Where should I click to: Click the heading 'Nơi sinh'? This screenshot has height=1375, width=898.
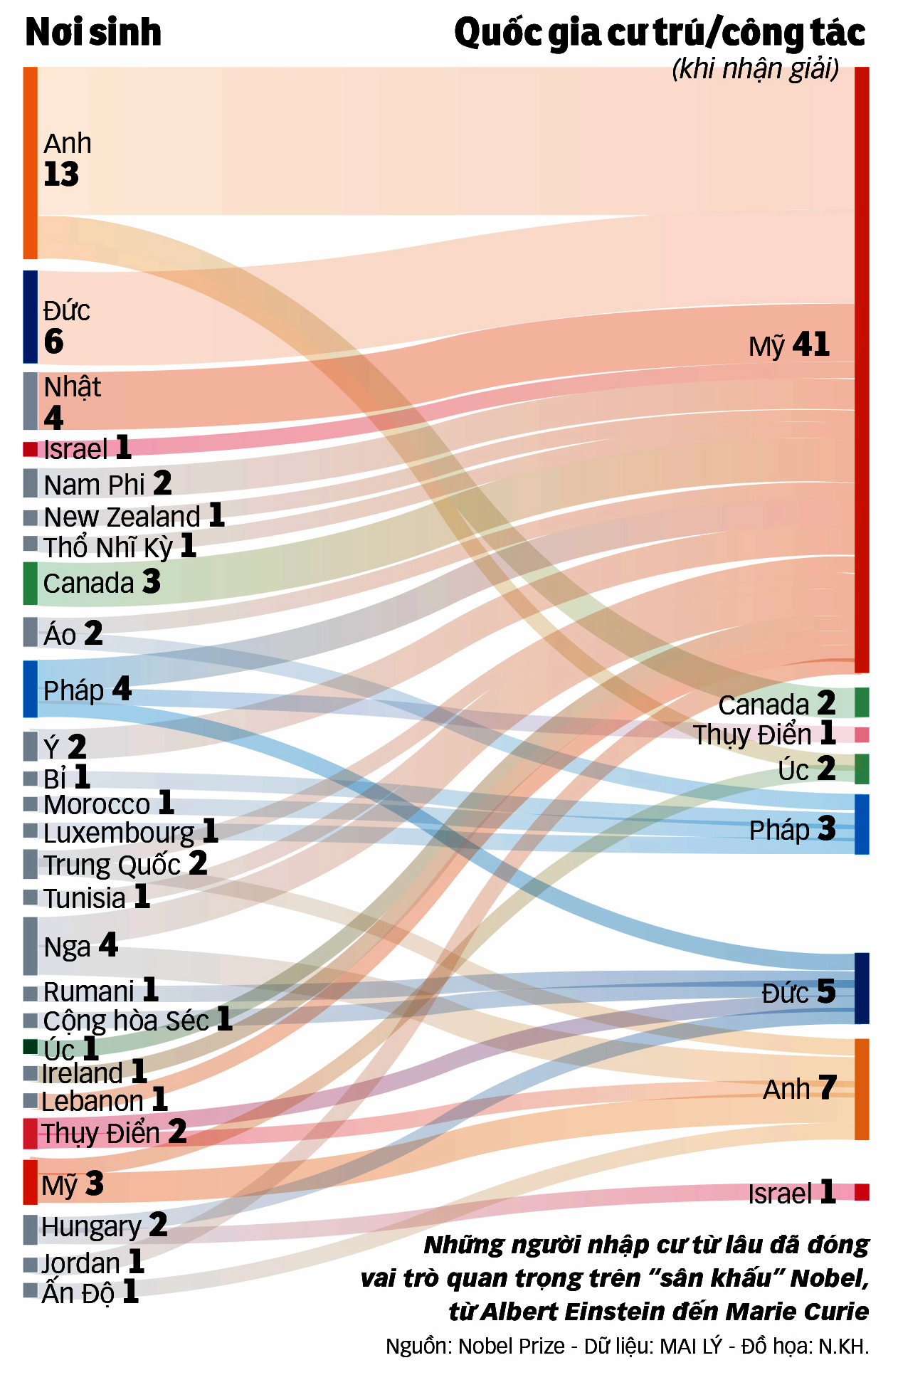[93, 33]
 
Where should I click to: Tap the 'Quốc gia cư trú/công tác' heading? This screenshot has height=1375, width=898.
[660, 33]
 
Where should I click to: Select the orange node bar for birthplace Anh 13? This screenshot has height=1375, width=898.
[30, 163]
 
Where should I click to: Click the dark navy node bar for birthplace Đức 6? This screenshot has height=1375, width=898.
[30, 317]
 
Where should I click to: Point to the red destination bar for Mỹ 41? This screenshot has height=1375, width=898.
[862, 369]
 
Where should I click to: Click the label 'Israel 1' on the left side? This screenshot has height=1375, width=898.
[87, 449]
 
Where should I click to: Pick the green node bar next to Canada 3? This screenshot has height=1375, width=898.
[30, 583]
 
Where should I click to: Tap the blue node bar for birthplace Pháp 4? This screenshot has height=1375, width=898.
[30, 689]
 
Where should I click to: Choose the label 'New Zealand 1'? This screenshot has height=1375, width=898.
[134, 516]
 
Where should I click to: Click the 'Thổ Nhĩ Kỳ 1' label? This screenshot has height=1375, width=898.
[119, 547]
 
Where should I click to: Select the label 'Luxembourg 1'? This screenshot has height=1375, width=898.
[130, 832]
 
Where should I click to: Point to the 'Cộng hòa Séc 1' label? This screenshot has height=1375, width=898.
[137, 1020]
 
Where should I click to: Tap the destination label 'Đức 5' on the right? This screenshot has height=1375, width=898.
[798, 992]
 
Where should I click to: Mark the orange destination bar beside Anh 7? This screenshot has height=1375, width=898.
[862, 1089]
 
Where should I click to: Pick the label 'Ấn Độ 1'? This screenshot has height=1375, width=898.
[90, 1292]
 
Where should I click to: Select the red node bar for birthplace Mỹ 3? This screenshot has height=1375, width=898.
[30, 1182]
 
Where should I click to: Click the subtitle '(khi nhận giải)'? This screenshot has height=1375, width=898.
[755, 69]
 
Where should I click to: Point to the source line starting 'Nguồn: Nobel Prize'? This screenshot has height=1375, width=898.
[627, 1347]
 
